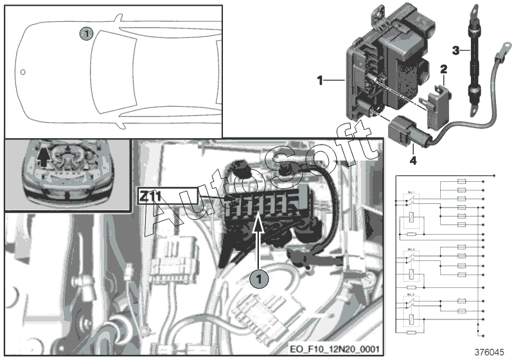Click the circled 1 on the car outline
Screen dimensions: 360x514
click(x=86, y=32)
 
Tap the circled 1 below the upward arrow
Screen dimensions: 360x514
click(x=258, y=280)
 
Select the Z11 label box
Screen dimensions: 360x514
click(x=166, y=195)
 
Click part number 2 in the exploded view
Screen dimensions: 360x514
click(x=443, y=68)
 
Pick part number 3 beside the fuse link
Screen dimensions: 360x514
click(x=455, y=50)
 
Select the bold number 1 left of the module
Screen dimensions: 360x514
click(x=320, y=80)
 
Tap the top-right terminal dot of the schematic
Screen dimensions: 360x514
click(x=494, y=175)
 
